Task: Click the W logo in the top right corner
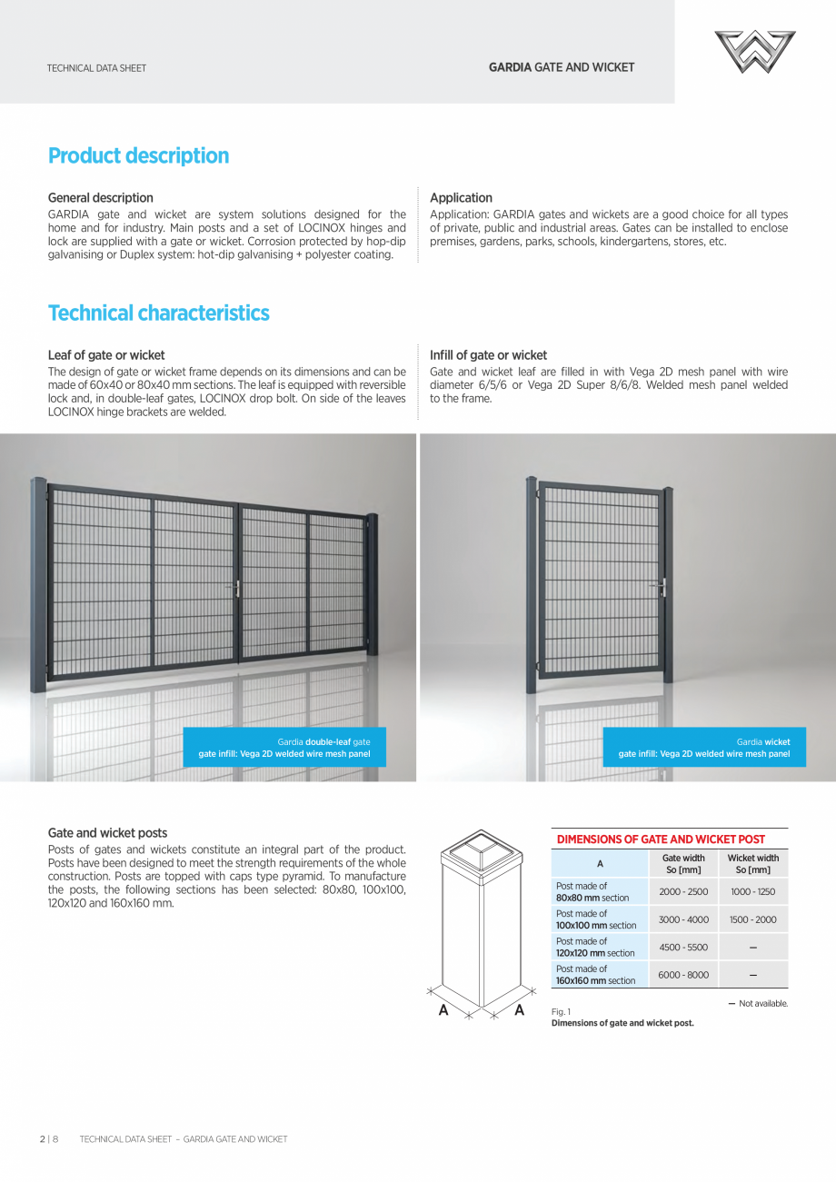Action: point(754,52)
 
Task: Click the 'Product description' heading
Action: point(138,155)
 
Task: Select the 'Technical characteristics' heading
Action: point(158,313)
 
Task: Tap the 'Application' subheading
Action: point(461,197)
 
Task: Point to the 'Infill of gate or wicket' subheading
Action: point(488,355)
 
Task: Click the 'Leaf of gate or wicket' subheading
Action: point(106,355)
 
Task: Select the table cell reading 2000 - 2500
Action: point(683,891)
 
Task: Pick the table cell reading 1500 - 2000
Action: point(753,919)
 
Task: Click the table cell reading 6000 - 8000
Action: point(683,975)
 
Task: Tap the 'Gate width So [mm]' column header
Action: point(683,863)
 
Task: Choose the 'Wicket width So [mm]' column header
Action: point(753,863)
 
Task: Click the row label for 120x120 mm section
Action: point(595,947)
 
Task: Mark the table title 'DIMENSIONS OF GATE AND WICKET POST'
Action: point(661,839)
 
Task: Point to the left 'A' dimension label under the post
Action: point(443,1010)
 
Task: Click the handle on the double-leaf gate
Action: point(237,589)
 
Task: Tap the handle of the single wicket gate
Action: point(662,587)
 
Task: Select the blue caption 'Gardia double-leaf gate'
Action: point(284,748)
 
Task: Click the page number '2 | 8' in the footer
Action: point(48,1138)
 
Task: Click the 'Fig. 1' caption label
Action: point(561,1011)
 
